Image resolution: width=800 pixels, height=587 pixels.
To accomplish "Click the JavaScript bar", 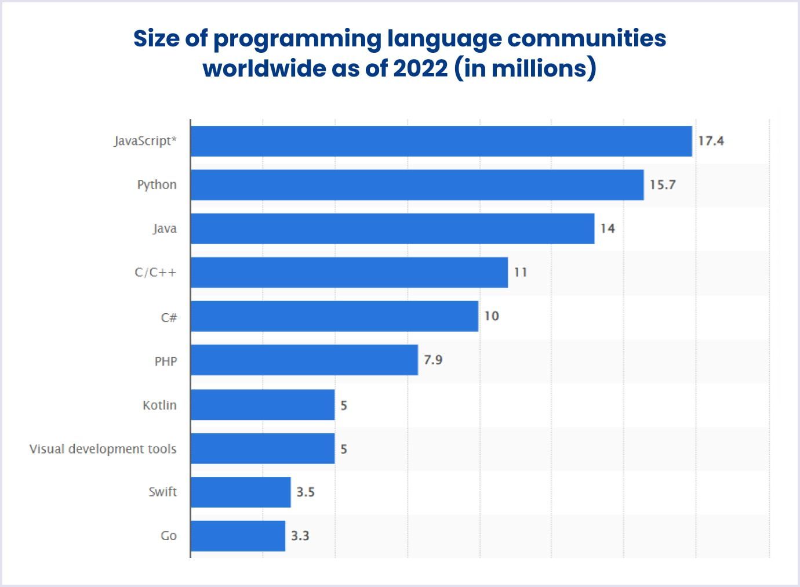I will pos(441,141).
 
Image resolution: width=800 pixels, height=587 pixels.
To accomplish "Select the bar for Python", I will pos(417,184).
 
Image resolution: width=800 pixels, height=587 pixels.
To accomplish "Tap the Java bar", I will pos(392,229).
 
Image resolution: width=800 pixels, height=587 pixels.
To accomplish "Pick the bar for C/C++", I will pos(349,272).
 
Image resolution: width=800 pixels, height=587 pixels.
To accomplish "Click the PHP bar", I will pos(304,360).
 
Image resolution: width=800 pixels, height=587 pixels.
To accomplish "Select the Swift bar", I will pos(241,492).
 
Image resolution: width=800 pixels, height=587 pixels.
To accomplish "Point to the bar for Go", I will pos(238,536).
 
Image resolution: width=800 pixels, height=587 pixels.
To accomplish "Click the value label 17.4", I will pos(711,141).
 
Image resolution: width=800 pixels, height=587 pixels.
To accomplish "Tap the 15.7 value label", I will pos(663,184).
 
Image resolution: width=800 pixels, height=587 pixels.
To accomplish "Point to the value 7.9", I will pos(433,360).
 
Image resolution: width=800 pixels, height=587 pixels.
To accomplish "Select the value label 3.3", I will pos(300,536).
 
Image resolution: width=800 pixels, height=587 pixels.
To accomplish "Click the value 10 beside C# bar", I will pos(492,316).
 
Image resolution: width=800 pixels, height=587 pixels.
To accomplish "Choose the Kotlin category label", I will pos(159,405).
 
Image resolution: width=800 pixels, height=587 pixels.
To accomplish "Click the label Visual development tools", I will pos(103,449).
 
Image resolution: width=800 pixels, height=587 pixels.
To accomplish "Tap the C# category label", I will pos(169,317).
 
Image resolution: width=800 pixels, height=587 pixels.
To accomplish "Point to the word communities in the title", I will pos(587,38).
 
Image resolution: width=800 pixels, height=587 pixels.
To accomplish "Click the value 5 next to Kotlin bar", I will pos(344,405).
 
